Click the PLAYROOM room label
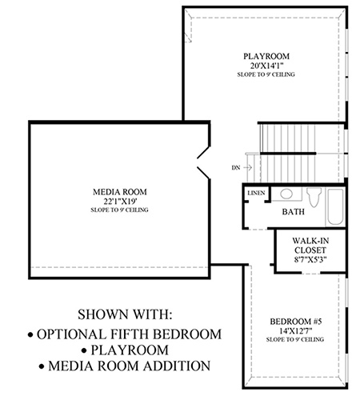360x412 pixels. click(x=266, y=56)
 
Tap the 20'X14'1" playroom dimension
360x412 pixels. click(x=266, y=66)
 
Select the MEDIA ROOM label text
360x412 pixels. click(x=120, y=192)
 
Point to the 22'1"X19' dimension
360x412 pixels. click(x=120, y=201)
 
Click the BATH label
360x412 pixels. click(x=294, y=212)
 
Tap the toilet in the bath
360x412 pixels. click(x=314, y=197)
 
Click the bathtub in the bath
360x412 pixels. click(x=335, y=207)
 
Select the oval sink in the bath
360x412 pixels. click(x=286, y=194)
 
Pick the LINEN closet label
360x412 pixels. click(x=256, y=193)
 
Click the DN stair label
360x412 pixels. click(x=236, y=168)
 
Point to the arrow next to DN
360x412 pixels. click(x=248, y=167)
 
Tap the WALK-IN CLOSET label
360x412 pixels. click(x=310, y=246)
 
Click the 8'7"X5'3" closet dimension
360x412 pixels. click(x=310, y=259)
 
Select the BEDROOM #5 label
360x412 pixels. click(x=296, y=322)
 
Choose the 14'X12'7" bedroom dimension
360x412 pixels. click(x=296, y=331)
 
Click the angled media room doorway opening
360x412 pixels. click(x=204, y=162)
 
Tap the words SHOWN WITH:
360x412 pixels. click(x=125, y=314)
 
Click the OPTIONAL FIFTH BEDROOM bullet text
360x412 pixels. click(x=125, y=334)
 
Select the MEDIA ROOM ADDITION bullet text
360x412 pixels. click(x=125, y=366)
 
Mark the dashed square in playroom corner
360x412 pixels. click(x=188, y=38)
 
